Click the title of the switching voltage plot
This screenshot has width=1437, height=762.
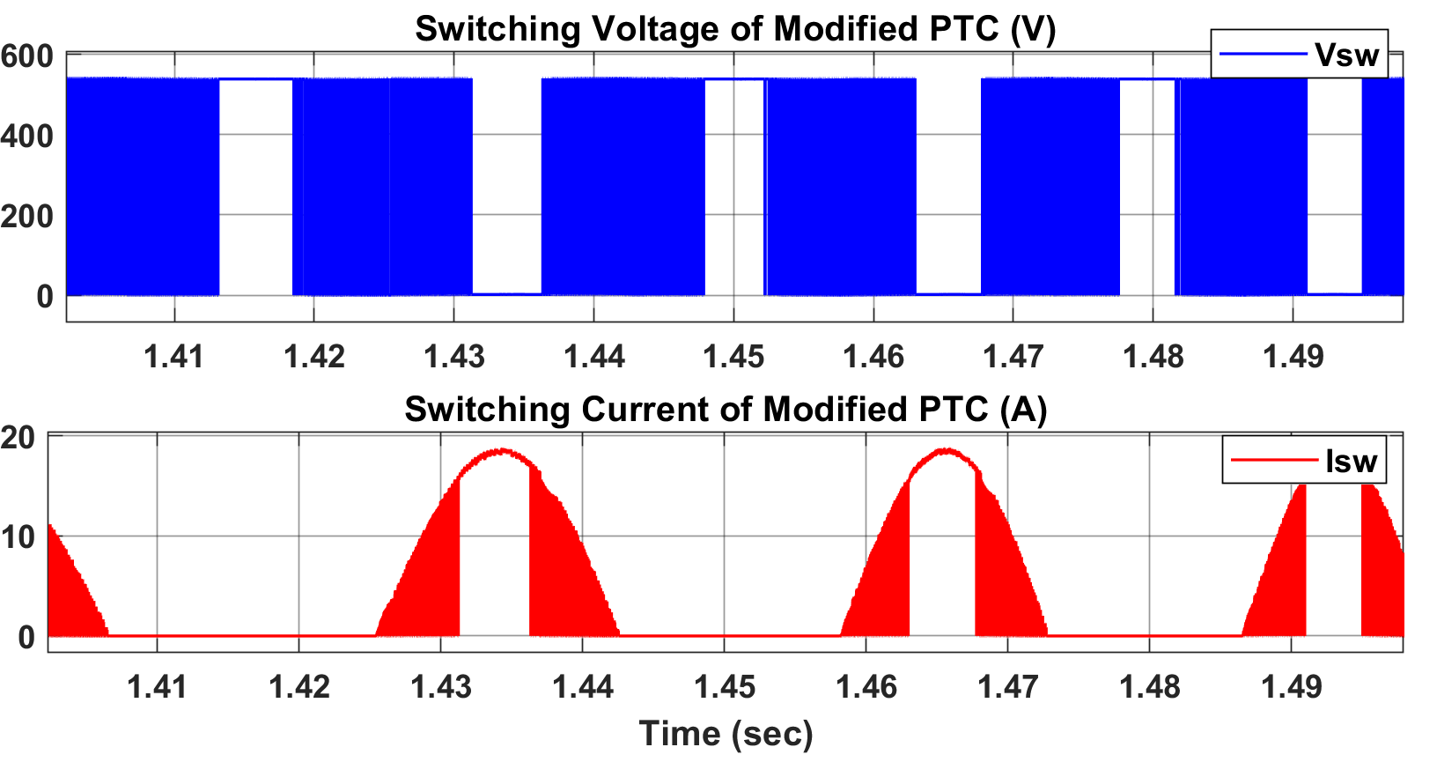point(735,29)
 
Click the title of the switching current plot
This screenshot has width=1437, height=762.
point(726,410)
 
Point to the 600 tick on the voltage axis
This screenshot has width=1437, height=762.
point(27,57)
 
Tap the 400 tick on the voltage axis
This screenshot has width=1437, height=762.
point(27,137)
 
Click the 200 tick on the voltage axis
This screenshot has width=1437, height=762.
point(27,217)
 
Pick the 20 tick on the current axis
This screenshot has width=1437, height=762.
point(18,437)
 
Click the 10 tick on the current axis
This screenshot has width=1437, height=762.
point(18,536)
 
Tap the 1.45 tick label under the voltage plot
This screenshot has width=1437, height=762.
point(733,357)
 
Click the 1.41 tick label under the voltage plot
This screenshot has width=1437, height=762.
point(174,357)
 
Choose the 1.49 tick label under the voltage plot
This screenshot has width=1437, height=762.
point(1293,357)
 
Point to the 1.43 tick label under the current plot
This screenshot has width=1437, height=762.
point(440,687)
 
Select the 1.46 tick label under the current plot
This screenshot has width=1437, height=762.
point(866,687)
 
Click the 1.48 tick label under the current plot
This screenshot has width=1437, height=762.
point(1149,687)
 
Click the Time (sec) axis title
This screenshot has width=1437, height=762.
point(726,734)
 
